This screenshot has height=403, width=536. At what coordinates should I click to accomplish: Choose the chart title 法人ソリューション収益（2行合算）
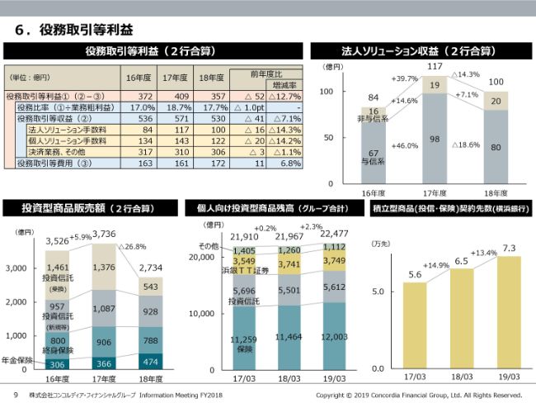click(419, 50)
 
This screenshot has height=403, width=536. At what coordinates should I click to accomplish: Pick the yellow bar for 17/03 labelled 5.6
click(415, 325)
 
